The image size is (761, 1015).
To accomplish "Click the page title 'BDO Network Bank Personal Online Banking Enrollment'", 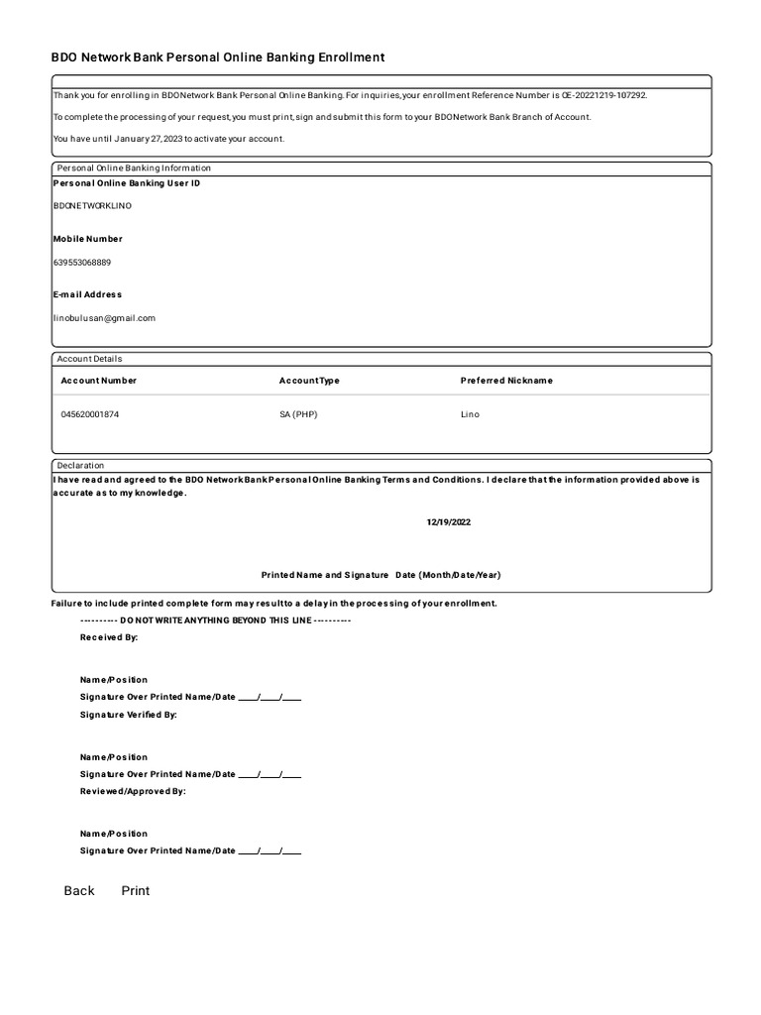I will tap(217, 57).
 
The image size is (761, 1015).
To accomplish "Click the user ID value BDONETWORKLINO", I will tap(92, 206).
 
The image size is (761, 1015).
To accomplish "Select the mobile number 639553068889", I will tap(82, 263).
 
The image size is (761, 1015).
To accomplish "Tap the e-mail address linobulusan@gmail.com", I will tap(104, 318).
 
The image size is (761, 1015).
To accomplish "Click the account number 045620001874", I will tap(89, 414).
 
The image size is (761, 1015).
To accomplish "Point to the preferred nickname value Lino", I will tap(470, 414).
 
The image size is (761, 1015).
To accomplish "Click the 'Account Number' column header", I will tap(99, 381).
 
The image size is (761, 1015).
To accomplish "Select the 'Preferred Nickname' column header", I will tap(506, 381).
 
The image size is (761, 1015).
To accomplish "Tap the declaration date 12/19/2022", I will tap(449, 522).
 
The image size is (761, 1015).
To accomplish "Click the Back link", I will tap(79, 891).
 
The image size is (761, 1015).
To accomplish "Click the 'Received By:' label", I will tap(109, 637).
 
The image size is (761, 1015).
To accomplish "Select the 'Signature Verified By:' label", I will tap(129, 715).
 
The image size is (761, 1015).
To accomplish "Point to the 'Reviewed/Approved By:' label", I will tap(133, 791).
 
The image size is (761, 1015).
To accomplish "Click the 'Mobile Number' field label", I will tap(88, 239).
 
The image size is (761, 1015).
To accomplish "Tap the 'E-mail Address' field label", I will tap(88, 294).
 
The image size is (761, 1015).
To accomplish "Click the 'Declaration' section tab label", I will tap(80, 465).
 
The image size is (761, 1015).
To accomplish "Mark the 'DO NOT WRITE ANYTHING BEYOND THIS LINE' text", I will tap(215, 620).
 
